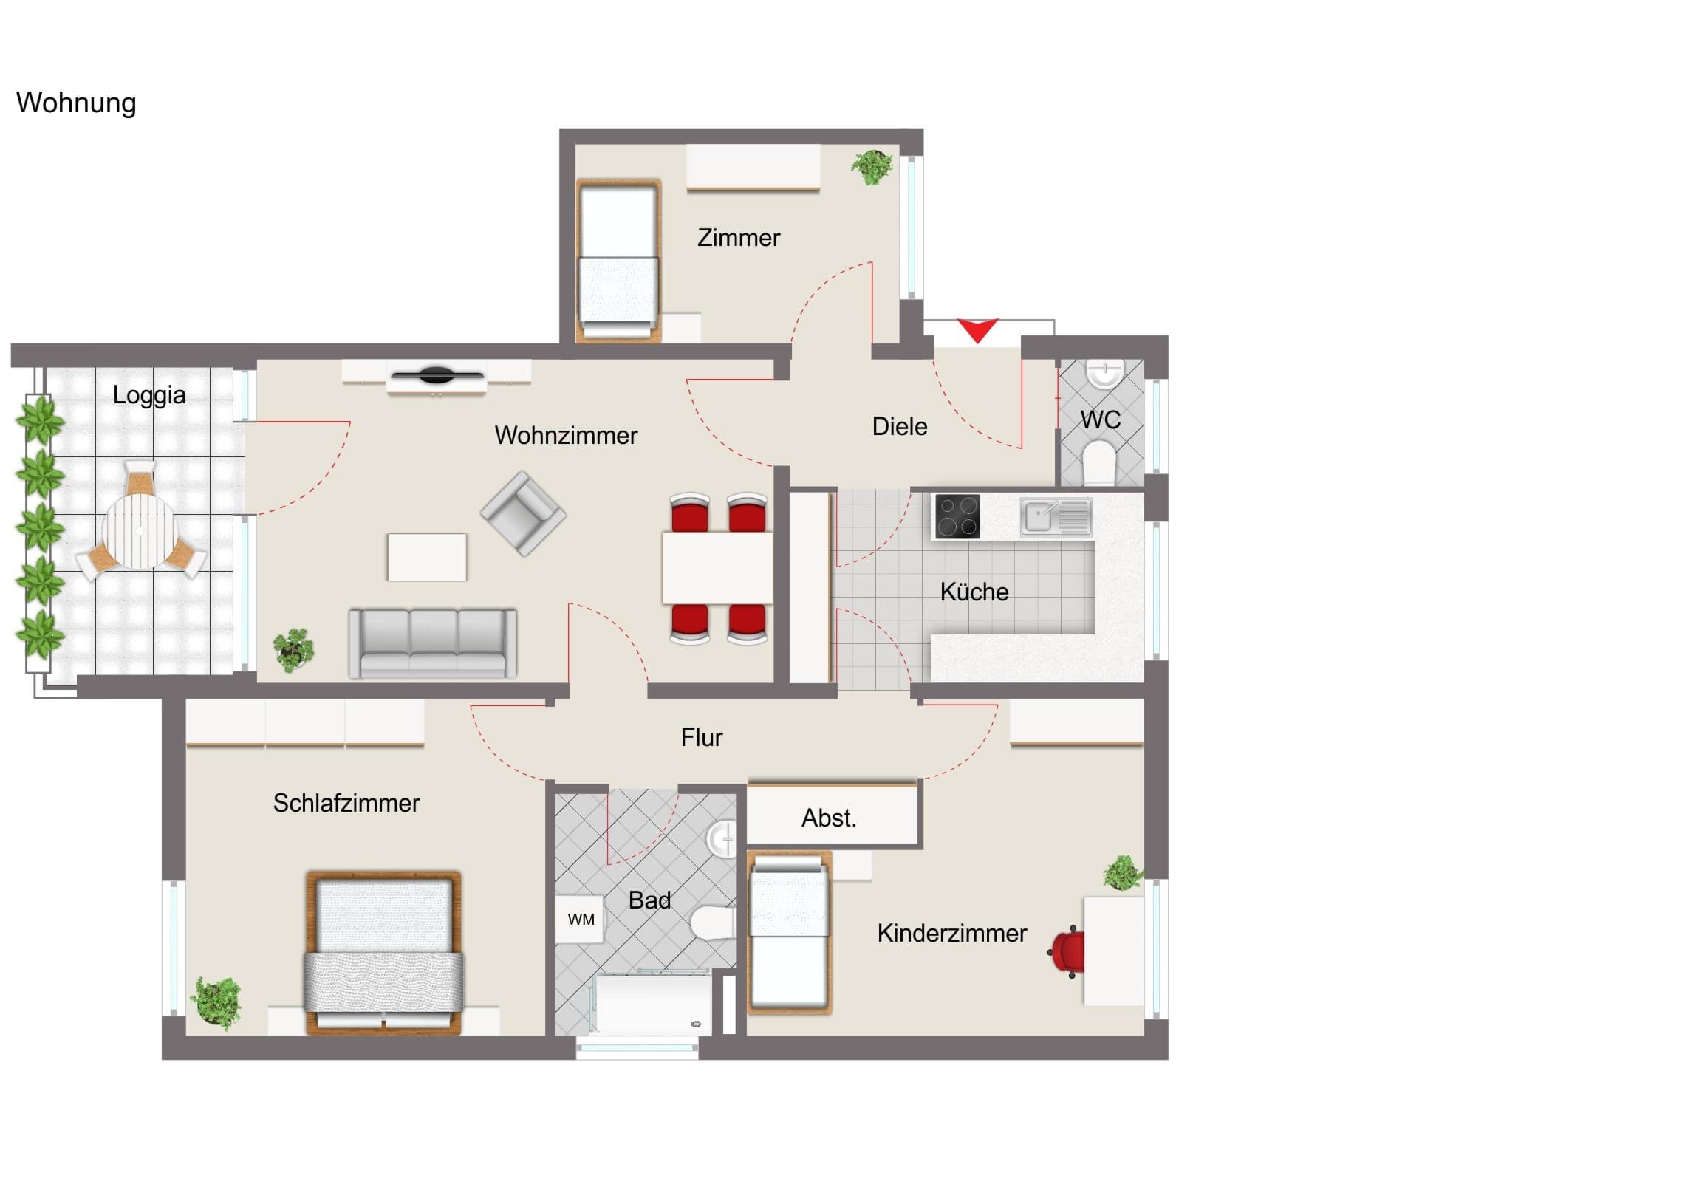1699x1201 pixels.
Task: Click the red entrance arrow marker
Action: [977, 330]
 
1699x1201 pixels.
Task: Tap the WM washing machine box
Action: [581, 919]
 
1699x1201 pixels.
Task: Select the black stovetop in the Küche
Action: [957, 516]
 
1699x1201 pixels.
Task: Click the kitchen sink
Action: [1055, 516]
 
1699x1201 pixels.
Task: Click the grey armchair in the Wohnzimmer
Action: [523, 513]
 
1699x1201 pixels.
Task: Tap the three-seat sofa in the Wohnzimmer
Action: [433, 643]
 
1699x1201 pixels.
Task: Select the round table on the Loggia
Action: [140, 530]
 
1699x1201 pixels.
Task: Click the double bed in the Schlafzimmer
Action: [383, 952]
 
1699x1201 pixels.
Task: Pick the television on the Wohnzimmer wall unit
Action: [437, 375]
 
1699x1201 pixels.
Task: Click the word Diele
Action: [899, 426]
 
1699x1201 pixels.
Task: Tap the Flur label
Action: [702, 737]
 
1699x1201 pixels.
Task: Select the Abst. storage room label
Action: [829, 818]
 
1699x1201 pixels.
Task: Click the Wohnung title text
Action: [76, 103]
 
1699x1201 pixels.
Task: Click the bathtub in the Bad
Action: [651, 1005]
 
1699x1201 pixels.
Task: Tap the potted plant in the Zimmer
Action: [872, 167]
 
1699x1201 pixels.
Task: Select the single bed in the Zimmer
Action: [618, 261]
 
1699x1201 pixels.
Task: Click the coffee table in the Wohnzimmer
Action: [427, 557]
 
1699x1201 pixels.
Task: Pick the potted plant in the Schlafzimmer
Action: [216, 1003]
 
